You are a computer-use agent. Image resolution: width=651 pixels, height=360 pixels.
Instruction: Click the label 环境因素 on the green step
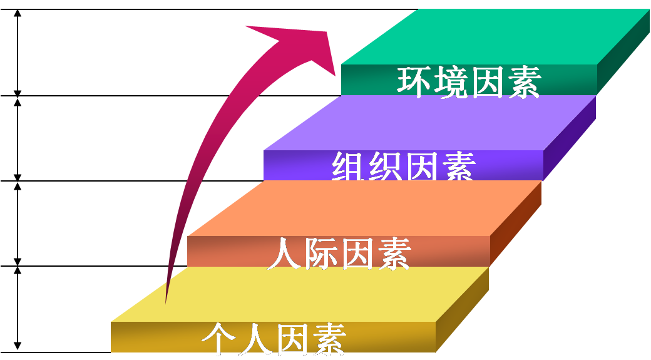(x=468, y=81)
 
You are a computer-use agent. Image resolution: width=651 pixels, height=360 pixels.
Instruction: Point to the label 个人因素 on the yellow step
(x=274, y=339)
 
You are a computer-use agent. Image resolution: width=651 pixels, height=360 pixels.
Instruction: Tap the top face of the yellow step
(x=300, y=294)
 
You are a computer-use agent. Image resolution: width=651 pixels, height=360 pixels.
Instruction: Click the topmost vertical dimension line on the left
(x=18, y=53)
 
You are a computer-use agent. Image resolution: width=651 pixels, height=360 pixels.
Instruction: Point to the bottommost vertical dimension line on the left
(x=18, y=308)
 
